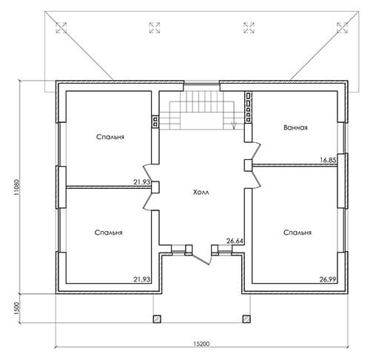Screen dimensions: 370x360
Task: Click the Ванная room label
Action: click(295, 127)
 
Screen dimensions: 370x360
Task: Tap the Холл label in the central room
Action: click(201, 192)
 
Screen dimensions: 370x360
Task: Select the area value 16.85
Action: click(328, 160)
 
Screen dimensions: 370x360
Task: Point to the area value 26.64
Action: click(235, 241)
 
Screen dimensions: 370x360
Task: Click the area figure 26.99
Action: click(328, 279)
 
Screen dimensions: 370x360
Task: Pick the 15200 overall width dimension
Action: click(201, 344)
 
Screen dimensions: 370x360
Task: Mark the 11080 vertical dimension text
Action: click(16, 187)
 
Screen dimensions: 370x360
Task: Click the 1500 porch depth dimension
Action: click(16, 308)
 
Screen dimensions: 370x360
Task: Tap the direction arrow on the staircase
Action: click(234, 125)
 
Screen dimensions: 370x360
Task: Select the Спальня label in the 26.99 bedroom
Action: click(297, 233)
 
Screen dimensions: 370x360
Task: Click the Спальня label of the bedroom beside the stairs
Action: click(110, 137)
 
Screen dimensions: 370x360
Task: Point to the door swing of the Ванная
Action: click(256, 151)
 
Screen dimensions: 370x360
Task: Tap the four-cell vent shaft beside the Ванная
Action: click(248, 107)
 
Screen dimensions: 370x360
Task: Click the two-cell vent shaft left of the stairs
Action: click(155, 121)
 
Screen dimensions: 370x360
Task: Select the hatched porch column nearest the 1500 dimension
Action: click(157, 319)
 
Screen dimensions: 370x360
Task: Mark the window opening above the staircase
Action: click(201, 84)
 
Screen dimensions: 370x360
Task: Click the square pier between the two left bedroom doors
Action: click(155, 187)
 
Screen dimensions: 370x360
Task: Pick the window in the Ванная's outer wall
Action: click(343, 138)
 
